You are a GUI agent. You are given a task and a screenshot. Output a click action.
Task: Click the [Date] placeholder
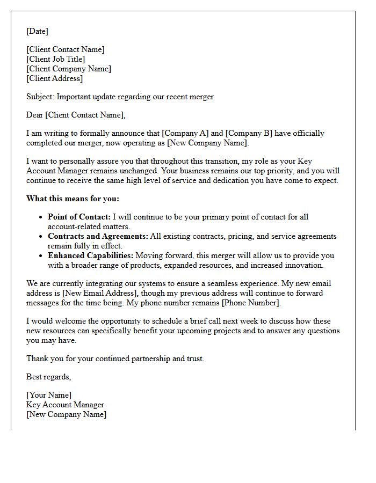(37, 31)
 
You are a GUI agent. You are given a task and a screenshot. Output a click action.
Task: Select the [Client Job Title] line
(56, 59)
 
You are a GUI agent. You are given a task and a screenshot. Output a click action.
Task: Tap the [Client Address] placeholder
(55, 78)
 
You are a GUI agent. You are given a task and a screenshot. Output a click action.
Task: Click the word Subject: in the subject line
(40, 97)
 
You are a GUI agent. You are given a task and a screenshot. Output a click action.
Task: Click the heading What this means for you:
(73, 199)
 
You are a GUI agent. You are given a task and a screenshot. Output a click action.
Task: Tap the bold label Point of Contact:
(79, 217)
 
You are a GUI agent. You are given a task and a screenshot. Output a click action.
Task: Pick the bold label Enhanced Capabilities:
(91, 255)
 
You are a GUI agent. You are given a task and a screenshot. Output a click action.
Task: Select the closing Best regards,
(48, 377)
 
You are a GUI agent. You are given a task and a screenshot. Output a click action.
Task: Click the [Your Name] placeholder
(49, 395)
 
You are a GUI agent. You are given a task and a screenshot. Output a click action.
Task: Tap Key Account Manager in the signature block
(65, 405)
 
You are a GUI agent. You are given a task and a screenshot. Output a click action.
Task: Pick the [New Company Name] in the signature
(66, 414)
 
